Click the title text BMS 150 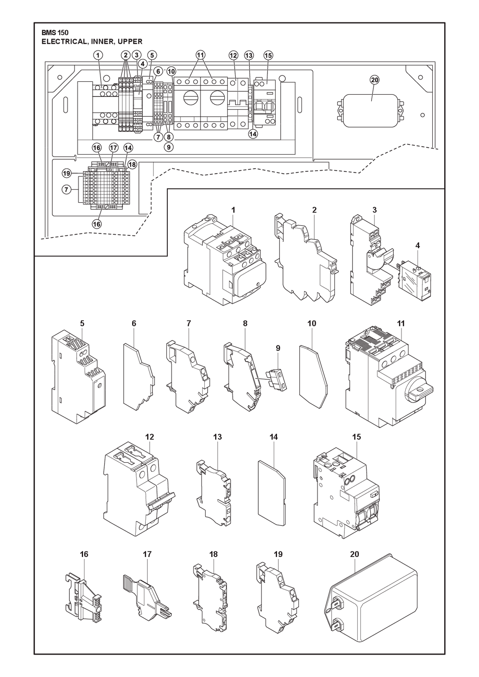click(x=55, y=33)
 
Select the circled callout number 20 click(x=374, y=80)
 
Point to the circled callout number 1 click(x=98, y=55)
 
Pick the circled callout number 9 click(x=168, y=147)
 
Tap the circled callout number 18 click(x=132, y=164)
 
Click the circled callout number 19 click(x=67, y=174)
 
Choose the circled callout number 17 click(x=113, y=148)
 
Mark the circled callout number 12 click(x=233, y=55)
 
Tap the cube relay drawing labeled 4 click(x=415, y=283)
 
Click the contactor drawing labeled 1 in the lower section click(x=225, y=261)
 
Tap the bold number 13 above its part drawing click(x=218, y=437)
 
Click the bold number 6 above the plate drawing click(x=134, y=324)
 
